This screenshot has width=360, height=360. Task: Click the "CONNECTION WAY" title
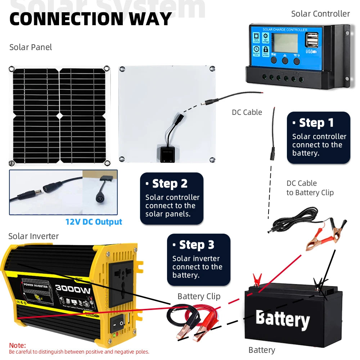(90, 19)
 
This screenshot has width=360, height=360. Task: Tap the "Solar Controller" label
(320, 14)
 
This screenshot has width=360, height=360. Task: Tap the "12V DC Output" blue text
(94, 222)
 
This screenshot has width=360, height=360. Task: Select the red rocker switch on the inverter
(117, 323)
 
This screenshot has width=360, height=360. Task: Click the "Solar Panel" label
(31, 47)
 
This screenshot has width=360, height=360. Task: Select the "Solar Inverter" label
(33, 236)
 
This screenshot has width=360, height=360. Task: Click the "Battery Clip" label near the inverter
(198, 296)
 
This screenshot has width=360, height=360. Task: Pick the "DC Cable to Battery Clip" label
(310, 188)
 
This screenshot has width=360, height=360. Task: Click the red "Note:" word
(17, 345)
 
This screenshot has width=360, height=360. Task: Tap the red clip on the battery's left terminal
(257, 279)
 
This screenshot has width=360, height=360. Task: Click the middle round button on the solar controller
(285, 60)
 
